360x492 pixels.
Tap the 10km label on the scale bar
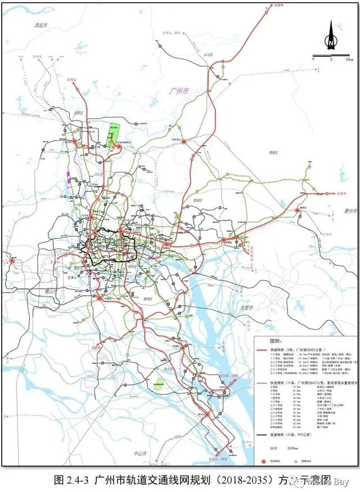[x=349, y=59]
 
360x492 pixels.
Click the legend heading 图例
[x=262, y=342]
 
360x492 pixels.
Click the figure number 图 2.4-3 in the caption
[x=71, y=480]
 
